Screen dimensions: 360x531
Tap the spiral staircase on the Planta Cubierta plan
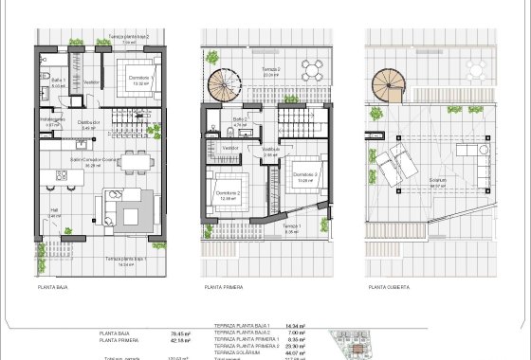coord(390,86)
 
